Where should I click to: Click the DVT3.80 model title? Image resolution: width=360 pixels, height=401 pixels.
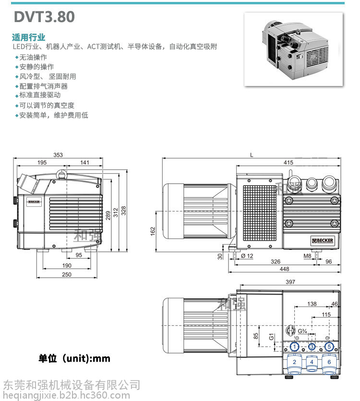tap(44, 17)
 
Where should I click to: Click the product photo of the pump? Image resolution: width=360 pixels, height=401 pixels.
tap(293, 49)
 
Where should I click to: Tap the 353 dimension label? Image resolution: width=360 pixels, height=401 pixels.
tap(58, 155)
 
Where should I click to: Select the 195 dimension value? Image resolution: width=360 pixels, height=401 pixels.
tap(42, 163)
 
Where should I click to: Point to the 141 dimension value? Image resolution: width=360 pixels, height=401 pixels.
tap(84, 163)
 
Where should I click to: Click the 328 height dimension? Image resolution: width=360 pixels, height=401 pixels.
tap(123, 211)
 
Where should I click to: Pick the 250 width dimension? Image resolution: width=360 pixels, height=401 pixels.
tap(67, 274)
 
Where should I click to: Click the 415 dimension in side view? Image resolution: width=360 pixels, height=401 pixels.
tap(288, 163)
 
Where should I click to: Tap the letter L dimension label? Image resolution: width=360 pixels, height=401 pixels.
tap(252, 155)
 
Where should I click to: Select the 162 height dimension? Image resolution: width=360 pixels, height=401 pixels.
tap(153, 231)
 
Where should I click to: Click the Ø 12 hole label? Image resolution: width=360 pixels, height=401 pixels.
tap(247, 256)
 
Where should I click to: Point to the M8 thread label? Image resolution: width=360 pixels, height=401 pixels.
tap(307, 256)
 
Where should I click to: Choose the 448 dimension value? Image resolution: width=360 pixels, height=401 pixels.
tap(284, 269)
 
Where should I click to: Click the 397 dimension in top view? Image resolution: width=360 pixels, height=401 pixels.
tap(290, 282)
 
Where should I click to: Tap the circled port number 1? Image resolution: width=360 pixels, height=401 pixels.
tap(295, 347)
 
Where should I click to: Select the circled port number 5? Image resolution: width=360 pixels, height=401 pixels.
tap(329, 347)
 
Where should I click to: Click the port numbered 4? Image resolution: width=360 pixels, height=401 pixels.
tap(312, 362)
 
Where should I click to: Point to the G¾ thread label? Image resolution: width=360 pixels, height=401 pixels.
tap(302, 331)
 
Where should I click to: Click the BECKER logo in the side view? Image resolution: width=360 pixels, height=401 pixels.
tap(323, 240)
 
